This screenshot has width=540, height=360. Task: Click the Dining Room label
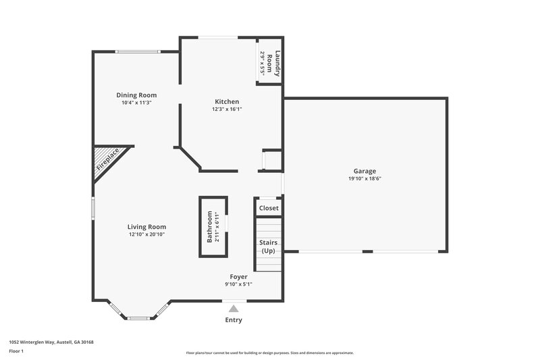coord(136,95)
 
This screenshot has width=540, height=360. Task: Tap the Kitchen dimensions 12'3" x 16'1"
coord(226,109)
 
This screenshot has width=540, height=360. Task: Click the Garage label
coord(364,171)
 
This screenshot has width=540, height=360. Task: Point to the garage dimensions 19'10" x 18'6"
coord(364,179)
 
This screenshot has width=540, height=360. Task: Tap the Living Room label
coord(147,227)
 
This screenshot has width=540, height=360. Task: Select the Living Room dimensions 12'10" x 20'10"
coord(147,234)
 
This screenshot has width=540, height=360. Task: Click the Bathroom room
coord(213,227)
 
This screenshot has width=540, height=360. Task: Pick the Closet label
coord(269,208)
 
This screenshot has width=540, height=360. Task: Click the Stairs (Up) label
coord(269,247)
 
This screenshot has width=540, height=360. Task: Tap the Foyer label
coord(238,277)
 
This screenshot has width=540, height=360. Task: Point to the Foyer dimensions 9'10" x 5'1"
coord(238,284)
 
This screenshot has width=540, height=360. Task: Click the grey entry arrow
coord(234,308)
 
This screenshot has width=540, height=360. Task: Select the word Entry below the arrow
coord(234,320)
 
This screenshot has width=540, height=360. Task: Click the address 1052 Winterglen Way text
coord(51,342)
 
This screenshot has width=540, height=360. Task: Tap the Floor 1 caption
coord(16,352)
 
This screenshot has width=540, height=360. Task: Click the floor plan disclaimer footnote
coord(269,353)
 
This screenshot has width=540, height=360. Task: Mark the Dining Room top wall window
coord(138,51)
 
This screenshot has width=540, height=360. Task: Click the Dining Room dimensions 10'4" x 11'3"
coord(136,103)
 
